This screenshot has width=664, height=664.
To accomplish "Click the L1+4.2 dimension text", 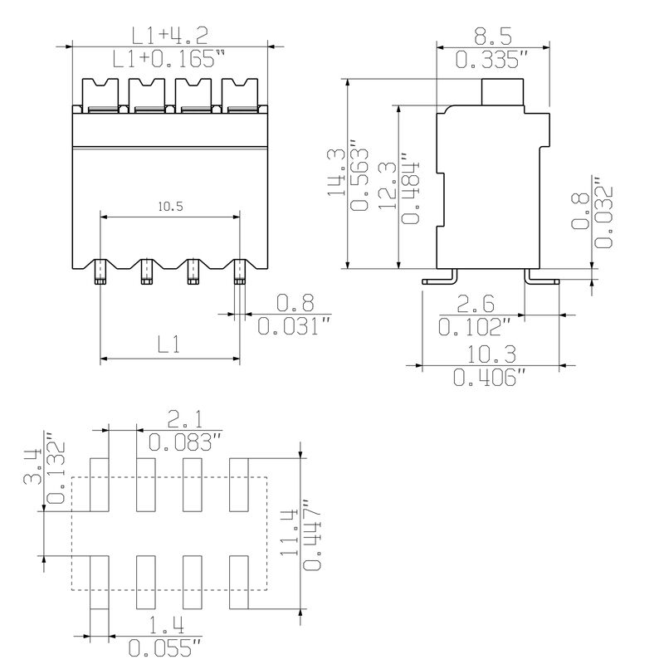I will click(169, 35).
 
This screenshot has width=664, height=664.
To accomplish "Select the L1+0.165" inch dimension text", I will click(169, 59).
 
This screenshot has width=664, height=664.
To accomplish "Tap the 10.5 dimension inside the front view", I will click(169, 207).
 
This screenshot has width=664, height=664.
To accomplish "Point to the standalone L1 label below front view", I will click(169, 344).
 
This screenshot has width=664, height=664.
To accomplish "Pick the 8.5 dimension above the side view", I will click(492, 36).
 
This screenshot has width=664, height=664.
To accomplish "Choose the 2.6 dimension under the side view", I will click(477, 303).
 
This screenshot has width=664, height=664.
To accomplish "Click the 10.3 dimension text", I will click(490, 354).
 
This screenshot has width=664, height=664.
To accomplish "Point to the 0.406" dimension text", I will click(490, 378).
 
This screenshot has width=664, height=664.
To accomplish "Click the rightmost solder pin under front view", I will click(240, 271).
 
